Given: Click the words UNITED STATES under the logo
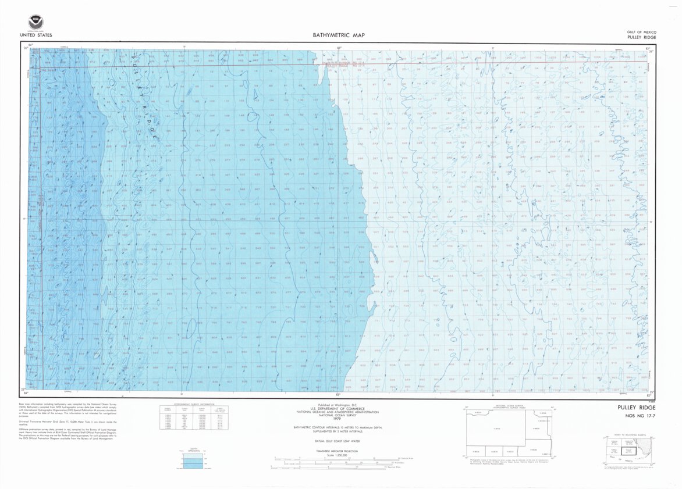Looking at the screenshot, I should click(x=36, y=35).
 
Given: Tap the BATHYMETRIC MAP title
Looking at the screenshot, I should click(x=339, y=35).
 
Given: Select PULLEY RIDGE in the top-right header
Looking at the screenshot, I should click(x=642, y=37).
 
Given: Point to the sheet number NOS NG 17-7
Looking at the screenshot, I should click(x=637, y=416).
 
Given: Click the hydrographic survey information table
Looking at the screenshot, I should click(x=189, y=417).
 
